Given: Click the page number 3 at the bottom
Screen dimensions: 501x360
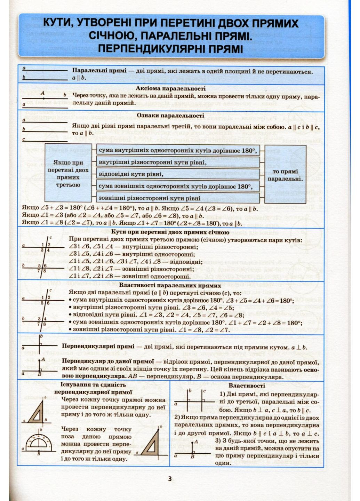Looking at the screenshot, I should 170,479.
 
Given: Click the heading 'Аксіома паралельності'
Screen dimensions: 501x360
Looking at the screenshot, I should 170,88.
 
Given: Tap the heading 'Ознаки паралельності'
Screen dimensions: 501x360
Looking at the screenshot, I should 170,115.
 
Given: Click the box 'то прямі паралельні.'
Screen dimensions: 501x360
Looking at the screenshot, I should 285,175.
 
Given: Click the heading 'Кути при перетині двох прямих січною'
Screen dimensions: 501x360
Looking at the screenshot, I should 170,232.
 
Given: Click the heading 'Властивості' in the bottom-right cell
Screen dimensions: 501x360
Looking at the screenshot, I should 247,385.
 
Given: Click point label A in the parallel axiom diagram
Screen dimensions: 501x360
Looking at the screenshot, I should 43,93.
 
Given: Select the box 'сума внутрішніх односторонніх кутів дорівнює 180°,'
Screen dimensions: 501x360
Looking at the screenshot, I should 178,150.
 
